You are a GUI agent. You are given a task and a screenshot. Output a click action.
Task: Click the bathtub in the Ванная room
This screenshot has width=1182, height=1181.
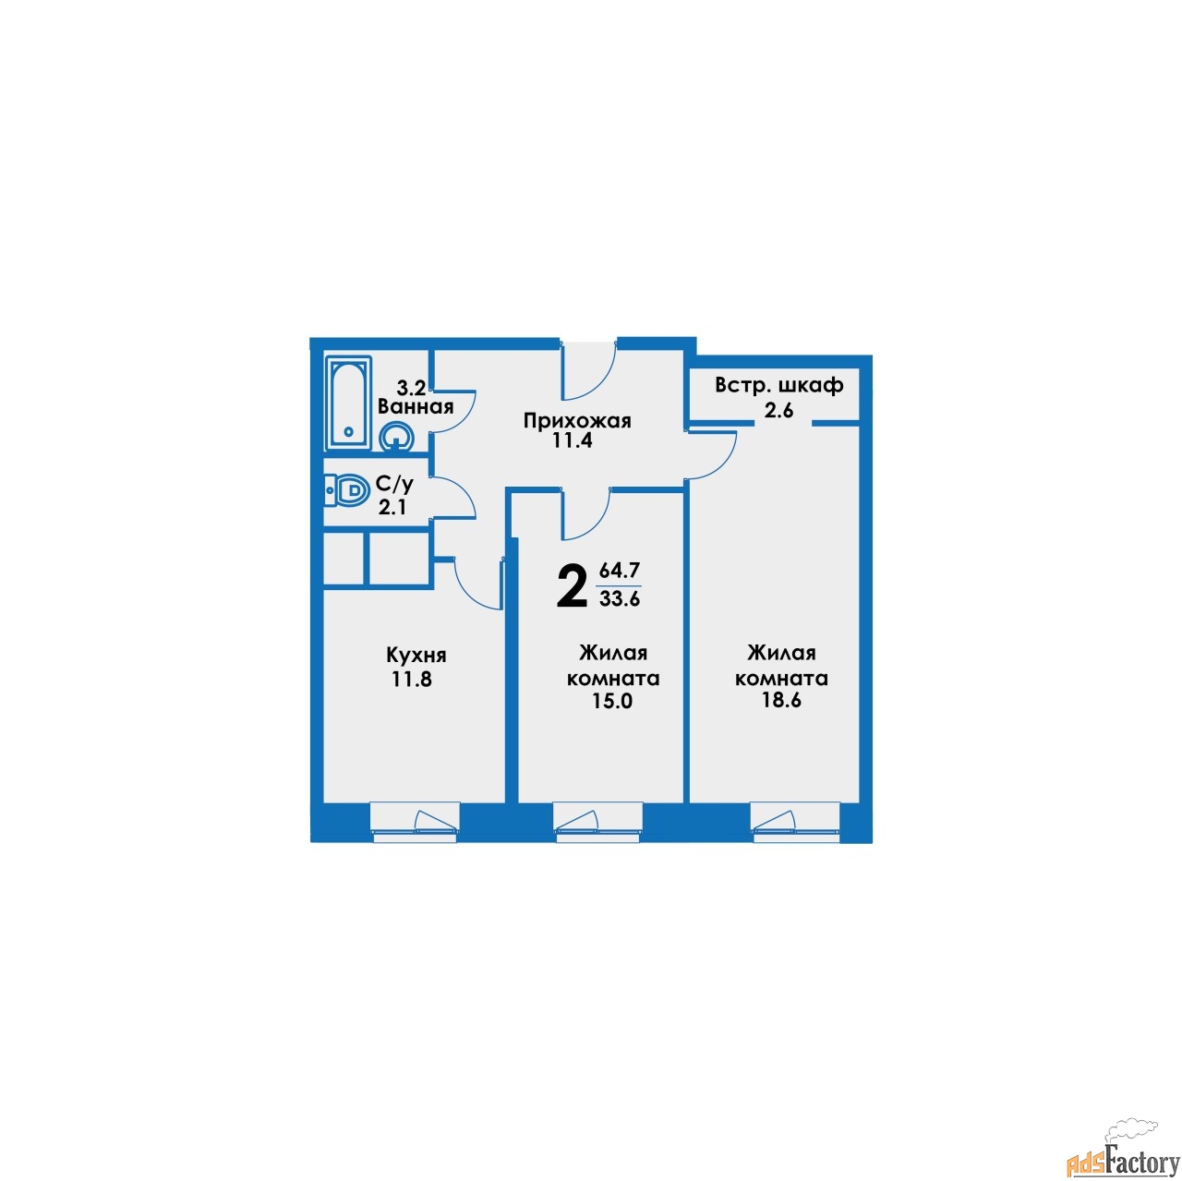(348, 404)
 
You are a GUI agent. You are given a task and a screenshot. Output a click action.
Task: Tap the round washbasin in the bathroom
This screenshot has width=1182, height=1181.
(396, 437)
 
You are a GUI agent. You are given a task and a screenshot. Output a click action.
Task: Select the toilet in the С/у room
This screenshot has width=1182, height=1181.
(343, 490)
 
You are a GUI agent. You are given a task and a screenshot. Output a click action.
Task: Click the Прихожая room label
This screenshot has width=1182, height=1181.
(577, 421)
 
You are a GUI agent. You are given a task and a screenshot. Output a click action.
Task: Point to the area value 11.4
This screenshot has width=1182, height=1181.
(573, 440)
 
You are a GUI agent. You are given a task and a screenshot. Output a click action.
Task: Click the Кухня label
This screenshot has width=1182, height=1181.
(416, 656)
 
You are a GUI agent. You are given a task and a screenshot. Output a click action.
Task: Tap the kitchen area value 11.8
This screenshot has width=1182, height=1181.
(412, 680)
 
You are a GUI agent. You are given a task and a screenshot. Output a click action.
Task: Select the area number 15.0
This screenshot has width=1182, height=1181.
(612, 701)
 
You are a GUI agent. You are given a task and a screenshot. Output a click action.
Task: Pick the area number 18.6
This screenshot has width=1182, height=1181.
(781, 701)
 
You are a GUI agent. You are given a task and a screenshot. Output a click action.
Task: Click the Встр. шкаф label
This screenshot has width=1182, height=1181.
(779, 386)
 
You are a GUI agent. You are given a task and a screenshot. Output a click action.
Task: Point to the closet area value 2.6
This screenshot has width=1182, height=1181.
(778, 409)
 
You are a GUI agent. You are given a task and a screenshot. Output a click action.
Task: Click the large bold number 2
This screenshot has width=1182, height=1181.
(571, 587)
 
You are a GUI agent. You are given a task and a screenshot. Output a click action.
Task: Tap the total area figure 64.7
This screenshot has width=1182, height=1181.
(619, 572)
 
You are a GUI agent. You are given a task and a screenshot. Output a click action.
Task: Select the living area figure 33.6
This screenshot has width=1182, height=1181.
(620, 598)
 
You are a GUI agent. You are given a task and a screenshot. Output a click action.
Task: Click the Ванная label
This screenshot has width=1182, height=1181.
(416, 406)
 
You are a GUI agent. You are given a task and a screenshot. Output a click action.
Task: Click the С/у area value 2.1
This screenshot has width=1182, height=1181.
(392, 507)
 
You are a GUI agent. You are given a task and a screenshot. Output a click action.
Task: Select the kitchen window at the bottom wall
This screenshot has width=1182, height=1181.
(415, 822)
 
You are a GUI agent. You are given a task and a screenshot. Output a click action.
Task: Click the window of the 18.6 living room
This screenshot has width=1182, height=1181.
(795, 822)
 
